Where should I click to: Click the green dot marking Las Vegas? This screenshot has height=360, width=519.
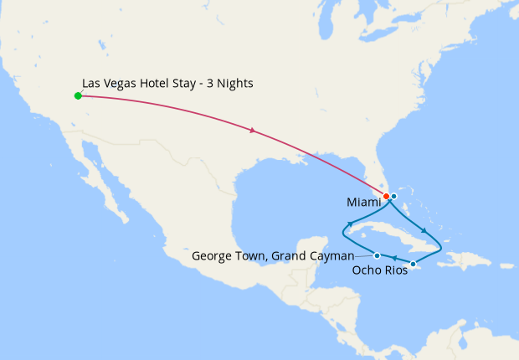coord(78,95)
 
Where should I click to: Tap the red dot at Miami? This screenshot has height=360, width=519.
coord(386,197)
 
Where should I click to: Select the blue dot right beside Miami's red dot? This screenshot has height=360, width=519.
coord(393,196)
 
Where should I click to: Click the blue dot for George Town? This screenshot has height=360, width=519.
coord(378,255)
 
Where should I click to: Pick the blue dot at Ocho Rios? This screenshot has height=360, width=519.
coord(413,265)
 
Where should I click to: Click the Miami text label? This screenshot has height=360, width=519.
coord(363,203)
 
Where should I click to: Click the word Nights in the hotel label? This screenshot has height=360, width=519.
coord(234,84)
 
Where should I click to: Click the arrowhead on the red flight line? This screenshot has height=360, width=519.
coord(253,130)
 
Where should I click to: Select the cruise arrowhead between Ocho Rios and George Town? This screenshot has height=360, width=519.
coord(394,260)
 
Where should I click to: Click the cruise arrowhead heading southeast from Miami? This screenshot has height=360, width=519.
coord(425,231)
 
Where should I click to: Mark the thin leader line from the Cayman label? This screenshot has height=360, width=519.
coord(364,255)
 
